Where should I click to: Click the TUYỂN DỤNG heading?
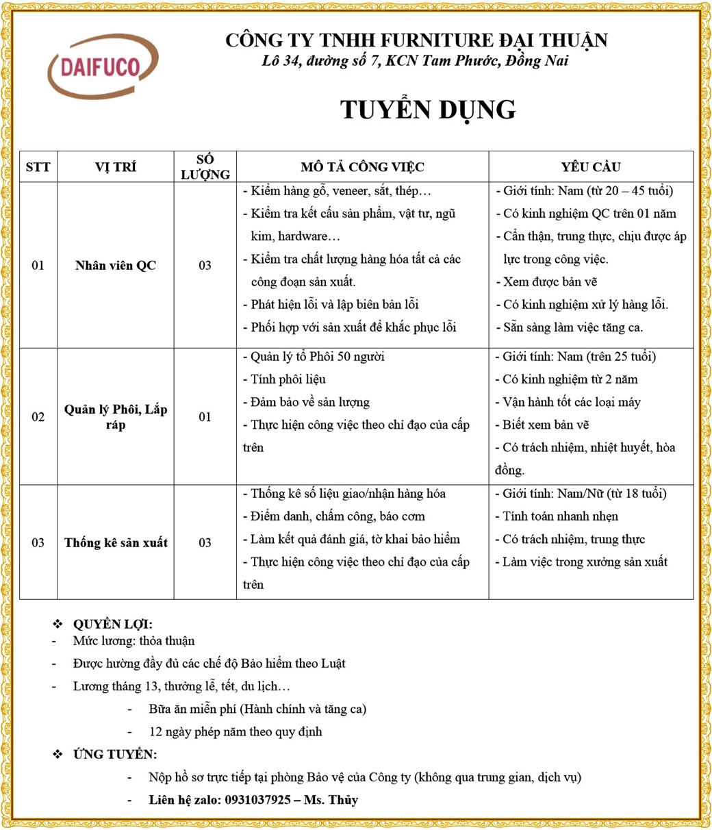428,110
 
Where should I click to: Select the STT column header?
38,167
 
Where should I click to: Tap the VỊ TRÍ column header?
116,167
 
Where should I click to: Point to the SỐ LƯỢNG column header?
205,167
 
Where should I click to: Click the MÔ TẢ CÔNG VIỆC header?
362,167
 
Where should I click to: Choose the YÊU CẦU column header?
591,167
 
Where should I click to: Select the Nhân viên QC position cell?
116,266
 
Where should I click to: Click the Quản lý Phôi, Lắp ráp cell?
116,417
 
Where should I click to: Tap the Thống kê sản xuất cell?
116,543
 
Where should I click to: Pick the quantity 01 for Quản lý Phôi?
205,417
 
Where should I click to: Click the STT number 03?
38,543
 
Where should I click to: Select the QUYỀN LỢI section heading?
112,625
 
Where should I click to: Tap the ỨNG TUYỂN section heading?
114,755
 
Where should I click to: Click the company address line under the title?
415,61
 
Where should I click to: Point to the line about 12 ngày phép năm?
235,731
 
